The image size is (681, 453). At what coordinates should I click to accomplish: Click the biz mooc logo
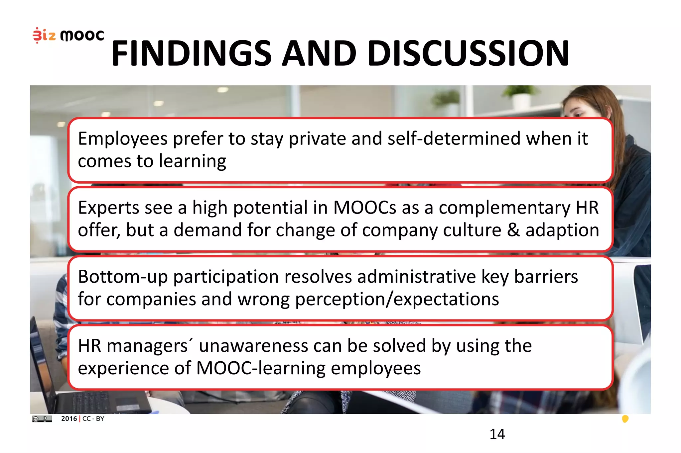68,35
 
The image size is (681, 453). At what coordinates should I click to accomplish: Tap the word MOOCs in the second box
364,208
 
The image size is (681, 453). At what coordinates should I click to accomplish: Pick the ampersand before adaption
513,230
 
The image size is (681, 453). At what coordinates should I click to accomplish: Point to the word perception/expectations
397,300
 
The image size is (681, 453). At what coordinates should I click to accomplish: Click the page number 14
497,434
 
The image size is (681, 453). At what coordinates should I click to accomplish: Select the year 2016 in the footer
69,419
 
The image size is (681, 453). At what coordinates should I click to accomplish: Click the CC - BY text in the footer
93,419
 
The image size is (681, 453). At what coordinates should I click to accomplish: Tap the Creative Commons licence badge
42,419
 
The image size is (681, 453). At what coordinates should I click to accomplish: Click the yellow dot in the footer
625,419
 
